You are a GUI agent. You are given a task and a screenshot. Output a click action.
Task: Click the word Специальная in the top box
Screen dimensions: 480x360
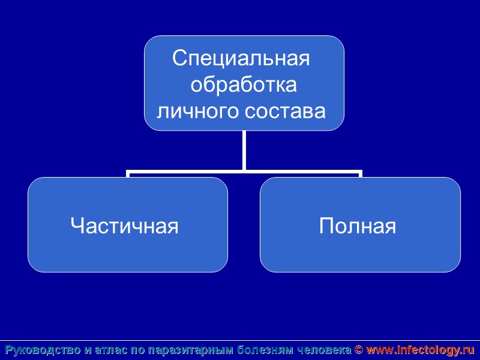point(241,59)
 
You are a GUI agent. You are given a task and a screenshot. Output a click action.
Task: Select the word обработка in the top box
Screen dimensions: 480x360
point(244,85)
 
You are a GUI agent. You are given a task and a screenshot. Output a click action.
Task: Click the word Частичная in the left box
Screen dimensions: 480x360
point(125,226)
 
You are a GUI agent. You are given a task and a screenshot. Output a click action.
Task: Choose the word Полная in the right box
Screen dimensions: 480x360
point(358,226)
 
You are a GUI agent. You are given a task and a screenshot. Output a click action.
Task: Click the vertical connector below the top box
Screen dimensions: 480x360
point(244,150)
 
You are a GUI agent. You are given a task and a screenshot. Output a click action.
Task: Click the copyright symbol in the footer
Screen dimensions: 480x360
point(359,350)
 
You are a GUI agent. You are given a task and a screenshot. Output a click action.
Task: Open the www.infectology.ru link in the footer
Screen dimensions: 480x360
point(420,350)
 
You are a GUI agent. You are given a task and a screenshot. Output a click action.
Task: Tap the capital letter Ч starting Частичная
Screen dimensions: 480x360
point(76,226)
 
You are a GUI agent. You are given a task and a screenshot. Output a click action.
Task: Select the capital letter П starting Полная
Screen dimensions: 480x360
point(327,226)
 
